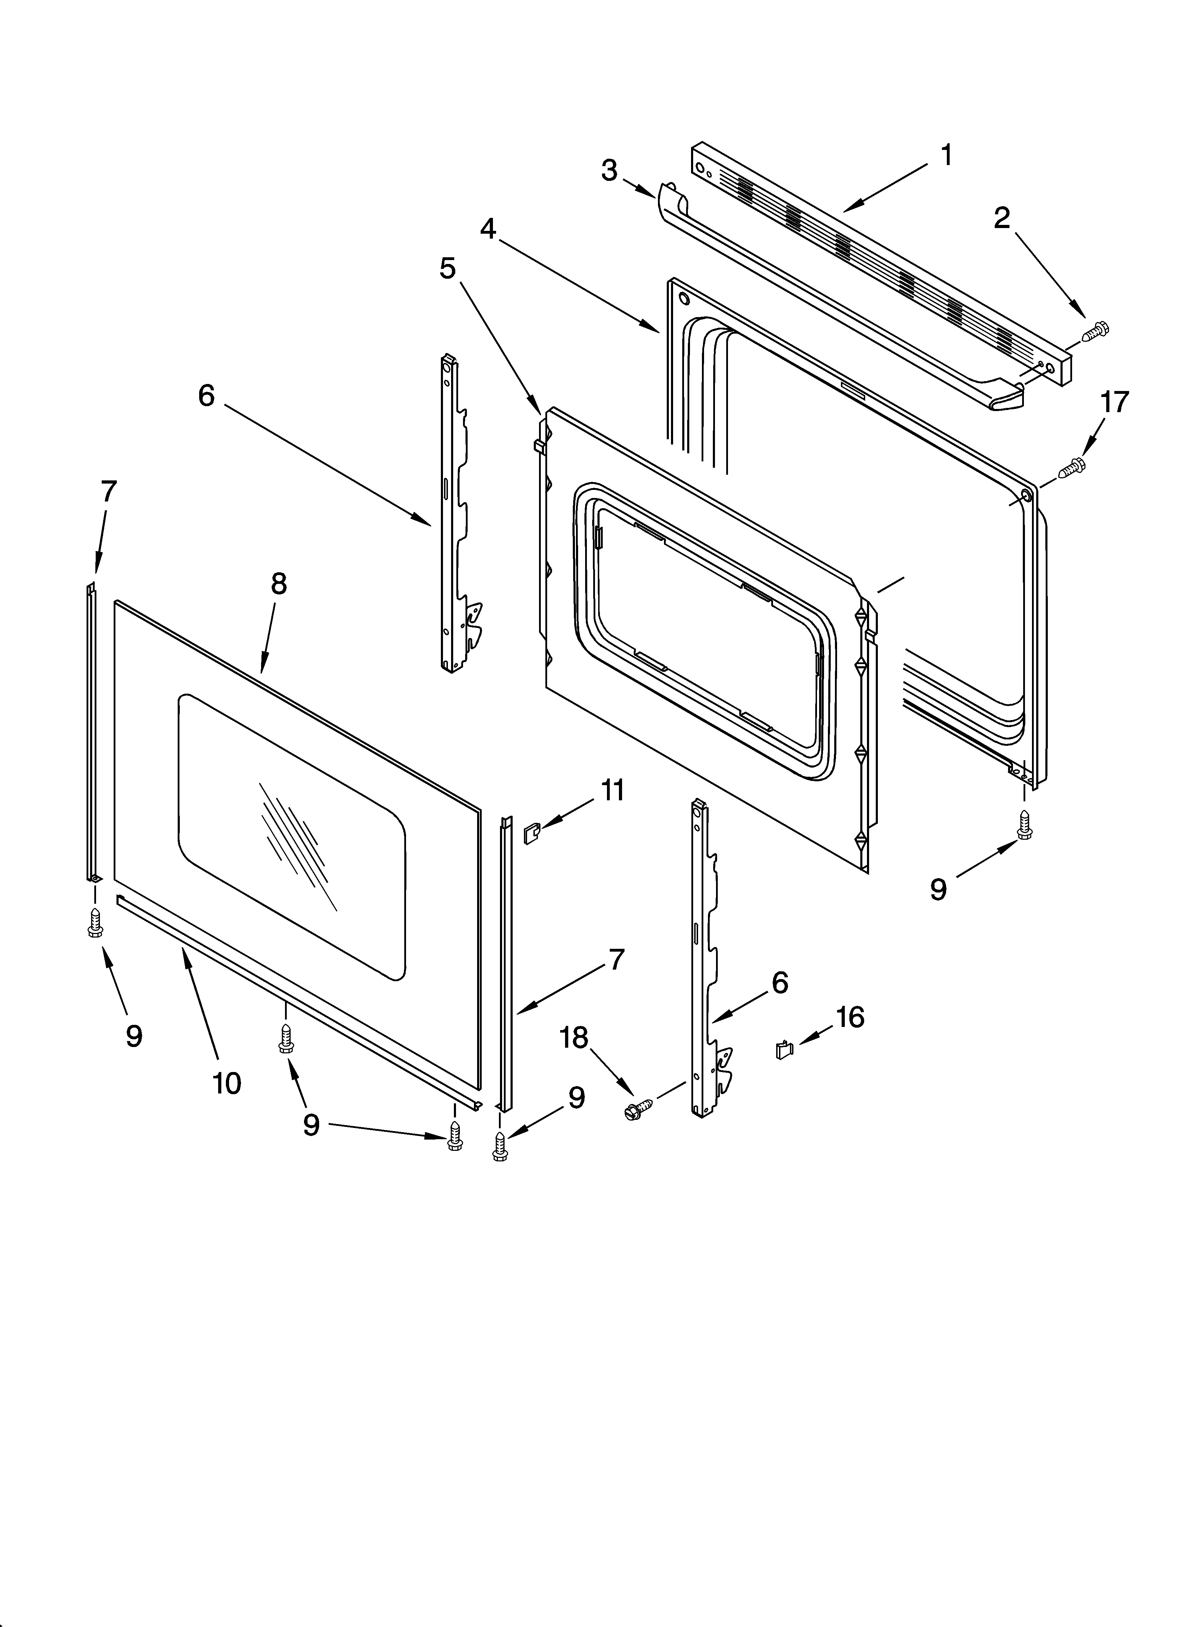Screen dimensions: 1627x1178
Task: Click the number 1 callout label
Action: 946,155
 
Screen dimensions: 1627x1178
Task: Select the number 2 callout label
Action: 1001,218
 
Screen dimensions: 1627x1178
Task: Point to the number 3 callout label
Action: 609,171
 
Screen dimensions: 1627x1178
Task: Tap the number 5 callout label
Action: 448,268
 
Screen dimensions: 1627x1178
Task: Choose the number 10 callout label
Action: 227,1083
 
